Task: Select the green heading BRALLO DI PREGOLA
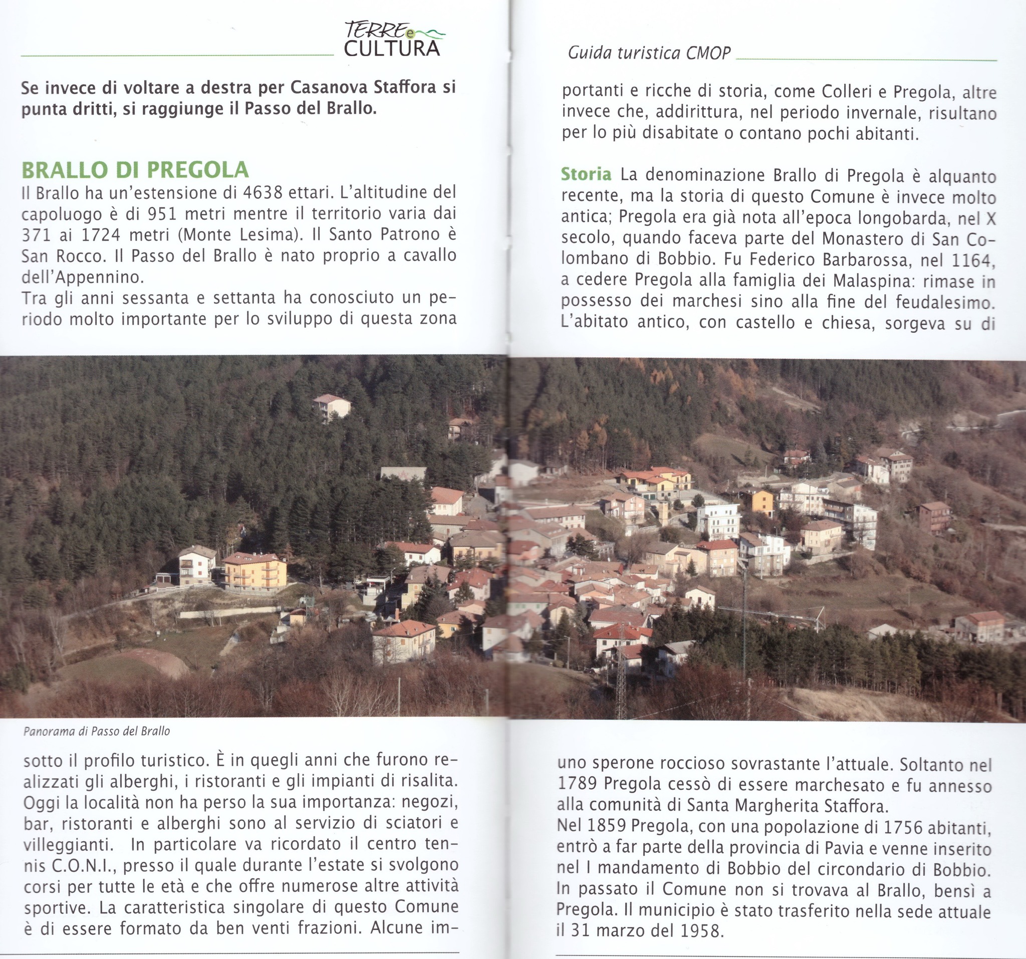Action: tap(135, 170)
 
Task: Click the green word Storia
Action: tap(586, 174)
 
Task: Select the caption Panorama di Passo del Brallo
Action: tap(97, 732)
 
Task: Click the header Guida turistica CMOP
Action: tap(649, 53)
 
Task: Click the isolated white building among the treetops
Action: tap(331, 406)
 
